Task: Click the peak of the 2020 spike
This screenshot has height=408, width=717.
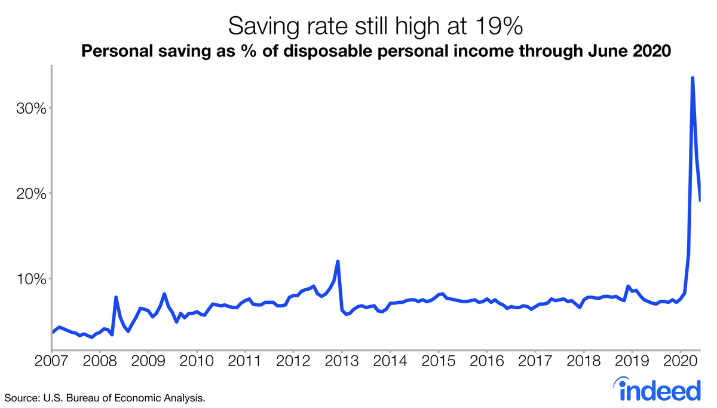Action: (693, 78)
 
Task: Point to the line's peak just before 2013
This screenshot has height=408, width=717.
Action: (338, 261)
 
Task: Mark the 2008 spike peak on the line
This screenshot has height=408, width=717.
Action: (116, 297)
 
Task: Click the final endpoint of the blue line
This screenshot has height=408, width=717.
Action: (700, 200)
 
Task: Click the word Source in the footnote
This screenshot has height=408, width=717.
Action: (20, 397)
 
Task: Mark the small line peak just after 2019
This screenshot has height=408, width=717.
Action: (628, 287)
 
